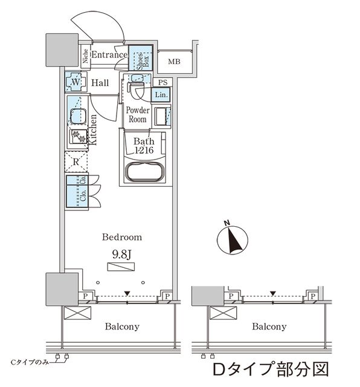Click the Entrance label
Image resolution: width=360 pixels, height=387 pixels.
point(109,55)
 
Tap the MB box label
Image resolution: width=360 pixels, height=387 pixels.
point(174,62)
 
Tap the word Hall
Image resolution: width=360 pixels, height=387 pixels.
point(101,83)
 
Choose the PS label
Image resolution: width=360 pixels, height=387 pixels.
point(161,82)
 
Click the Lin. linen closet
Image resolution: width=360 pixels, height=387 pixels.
point(161,95)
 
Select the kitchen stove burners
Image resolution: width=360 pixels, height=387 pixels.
point(77,137)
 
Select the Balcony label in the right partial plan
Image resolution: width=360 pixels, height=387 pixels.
point(269,327)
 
